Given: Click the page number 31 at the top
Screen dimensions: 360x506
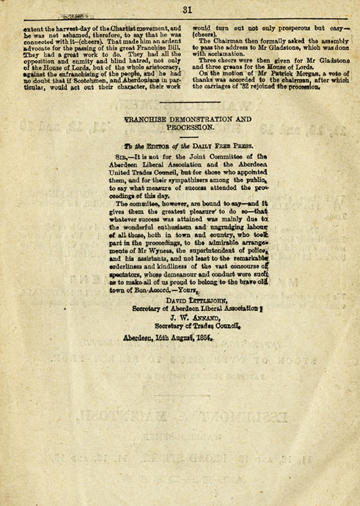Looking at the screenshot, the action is point(187,10).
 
